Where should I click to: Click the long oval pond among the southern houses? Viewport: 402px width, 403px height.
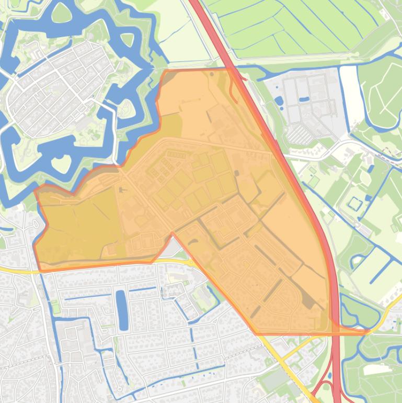pyautogui.click(x=122, y=310)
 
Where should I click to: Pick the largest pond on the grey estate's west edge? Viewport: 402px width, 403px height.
pyautogui.click(x=278, y=100)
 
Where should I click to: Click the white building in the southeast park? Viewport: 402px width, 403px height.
pyautogui.click(x=377, y=370)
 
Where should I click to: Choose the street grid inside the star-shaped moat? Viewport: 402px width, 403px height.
pyautogui.click(x=58, y=89)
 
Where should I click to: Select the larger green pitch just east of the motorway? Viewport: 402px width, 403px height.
pyautogui.click(x=313, y=181)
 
